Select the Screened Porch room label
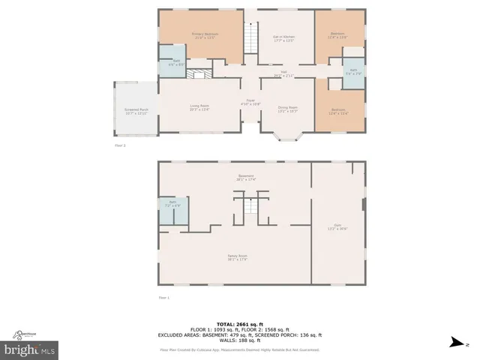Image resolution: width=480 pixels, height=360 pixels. (x=136, y=112)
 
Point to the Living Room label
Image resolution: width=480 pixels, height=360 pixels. (x=199, y=108)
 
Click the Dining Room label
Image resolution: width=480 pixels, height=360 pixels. (x=289, y=110)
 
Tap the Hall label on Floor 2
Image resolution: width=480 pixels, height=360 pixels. (x=283, y=73)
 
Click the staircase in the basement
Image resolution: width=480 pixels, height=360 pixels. (x=250, y=206)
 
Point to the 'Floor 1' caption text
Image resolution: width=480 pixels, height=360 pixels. (x=164, y=298)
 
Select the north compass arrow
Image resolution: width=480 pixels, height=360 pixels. (x=454, y=343)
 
